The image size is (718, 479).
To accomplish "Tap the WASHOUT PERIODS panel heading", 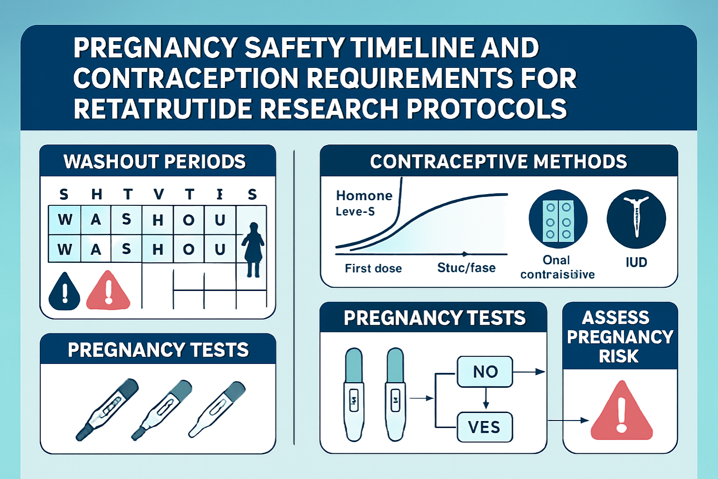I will (x=155, y=161).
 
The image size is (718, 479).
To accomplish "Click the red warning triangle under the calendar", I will (x=108, y=291).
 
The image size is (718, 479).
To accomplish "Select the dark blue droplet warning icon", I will (x=65, y=292).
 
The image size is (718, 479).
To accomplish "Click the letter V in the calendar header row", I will (x=159, y=194).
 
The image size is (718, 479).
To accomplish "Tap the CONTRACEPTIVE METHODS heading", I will (x=498, y=161).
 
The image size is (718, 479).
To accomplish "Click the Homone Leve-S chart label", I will (x=364, y=203).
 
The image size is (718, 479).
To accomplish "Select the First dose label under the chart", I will (x=373, y=268).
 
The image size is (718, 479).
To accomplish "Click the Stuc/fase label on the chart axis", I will (x=466, y=268).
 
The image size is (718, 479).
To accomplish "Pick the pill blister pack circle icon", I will (x=558, y=219).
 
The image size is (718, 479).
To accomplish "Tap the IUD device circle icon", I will (x=636, y=219).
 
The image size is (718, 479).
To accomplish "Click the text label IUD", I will (x=636, y=262).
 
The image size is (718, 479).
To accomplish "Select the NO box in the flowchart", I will (x=485, y=372).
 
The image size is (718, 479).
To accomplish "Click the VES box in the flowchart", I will (x=484, y=427).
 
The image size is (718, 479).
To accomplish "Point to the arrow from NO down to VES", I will (x=486, y=399).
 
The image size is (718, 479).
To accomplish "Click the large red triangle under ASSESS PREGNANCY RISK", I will (x=621, y=412).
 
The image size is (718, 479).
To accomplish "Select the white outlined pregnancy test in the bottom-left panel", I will (x=217, y=409).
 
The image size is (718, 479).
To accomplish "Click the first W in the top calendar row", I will (x=65, y=219).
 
